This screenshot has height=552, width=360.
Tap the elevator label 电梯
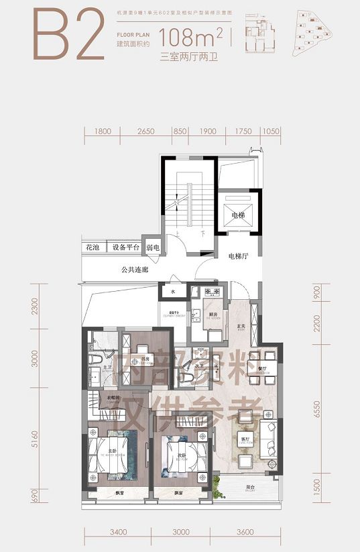[x=239, y=215]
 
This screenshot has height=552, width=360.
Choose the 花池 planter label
[x=93, y=248]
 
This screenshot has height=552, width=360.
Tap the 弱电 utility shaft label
[x=153, y=248]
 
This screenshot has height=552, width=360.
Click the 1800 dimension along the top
[x=103, y=131]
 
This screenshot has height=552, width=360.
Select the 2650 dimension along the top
[x=145, y=131]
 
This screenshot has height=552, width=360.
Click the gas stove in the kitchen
[x=213, y=292]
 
